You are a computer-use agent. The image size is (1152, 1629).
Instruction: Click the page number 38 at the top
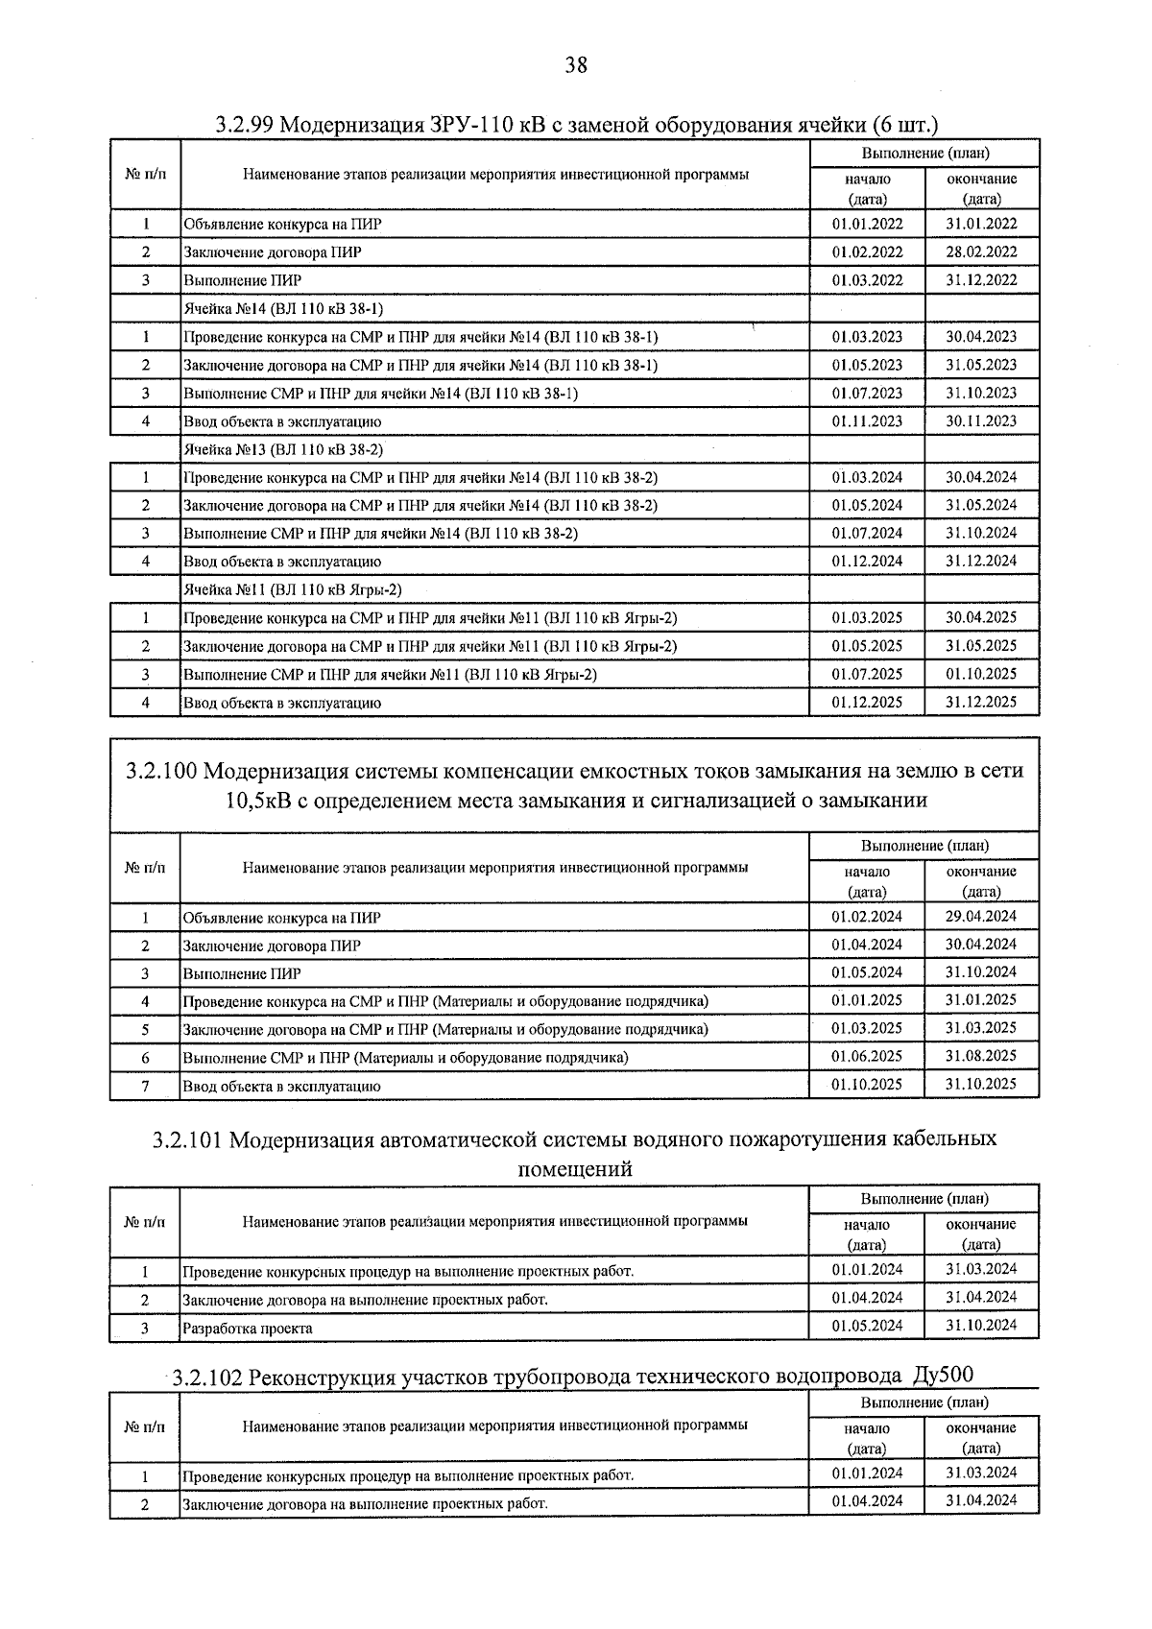(575, 65)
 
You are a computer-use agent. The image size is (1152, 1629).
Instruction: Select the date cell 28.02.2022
(981, 252)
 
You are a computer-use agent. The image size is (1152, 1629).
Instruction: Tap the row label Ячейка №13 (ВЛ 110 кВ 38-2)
(283, 449)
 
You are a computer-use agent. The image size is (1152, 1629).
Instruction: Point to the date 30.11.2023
(981, 420)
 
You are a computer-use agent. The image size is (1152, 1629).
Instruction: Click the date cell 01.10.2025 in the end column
(981, 674)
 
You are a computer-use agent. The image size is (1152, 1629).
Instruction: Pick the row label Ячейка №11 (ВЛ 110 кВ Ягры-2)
(292, 589)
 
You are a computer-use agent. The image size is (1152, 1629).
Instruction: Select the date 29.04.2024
(981, 916)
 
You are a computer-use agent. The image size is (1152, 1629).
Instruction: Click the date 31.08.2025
(981, 1056)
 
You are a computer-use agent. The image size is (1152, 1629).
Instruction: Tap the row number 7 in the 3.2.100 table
(145, 1086)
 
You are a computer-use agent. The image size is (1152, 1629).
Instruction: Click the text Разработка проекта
(247, 1329)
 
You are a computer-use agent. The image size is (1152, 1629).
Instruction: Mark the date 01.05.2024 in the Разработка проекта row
(867, 1326)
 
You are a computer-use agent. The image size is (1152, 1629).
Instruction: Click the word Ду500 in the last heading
(943, 1377)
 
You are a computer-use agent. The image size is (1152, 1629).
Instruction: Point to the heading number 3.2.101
(187, 1139)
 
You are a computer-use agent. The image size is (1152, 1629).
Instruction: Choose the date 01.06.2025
(867, 1056)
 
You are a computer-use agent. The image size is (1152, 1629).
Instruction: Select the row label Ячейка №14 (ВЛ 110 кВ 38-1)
(283, 309)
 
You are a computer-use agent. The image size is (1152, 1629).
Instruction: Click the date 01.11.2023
(867, 420)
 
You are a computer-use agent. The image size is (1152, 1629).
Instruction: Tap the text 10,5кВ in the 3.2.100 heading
(258, 801)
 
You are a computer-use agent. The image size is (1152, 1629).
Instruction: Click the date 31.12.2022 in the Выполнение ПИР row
(981, 280)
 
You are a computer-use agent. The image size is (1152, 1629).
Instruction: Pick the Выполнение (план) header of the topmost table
(924, 154)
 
